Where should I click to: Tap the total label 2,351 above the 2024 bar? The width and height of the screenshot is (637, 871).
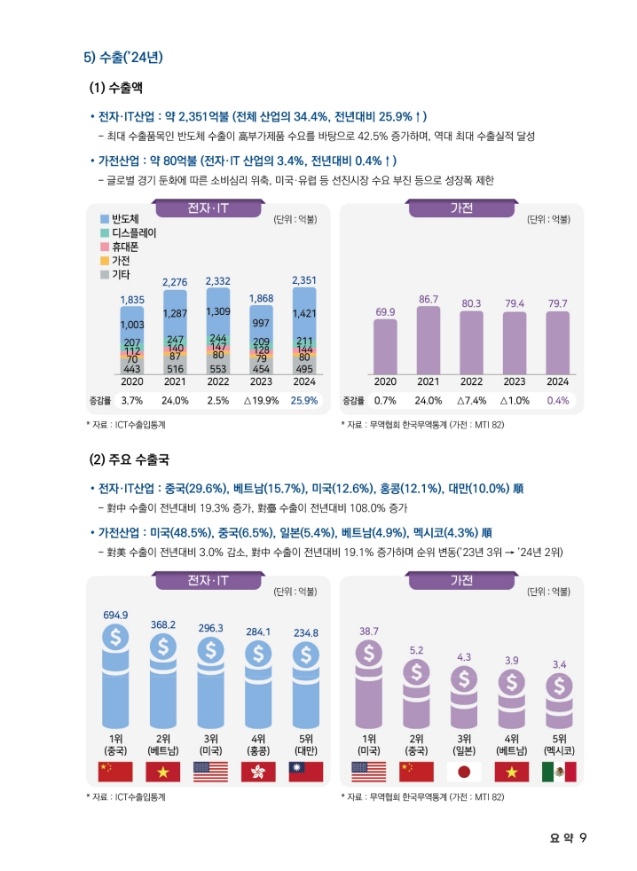click(x=304, y=280)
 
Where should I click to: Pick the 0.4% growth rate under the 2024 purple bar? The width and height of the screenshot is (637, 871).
click(x=558, y=400)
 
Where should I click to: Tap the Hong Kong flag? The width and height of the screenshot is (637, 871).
click(x=258, y=771)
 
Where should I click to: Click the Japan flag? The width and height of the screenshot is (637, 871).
click(x=463, y=771)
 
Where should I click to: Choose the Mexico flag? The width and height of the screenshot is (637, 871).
click(x=559, y=771)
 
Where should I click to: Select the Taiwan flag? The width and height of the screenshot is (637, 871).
click(x=306, y=771)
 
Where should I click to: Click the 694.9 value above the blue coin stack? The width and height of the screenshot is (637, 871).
click(x=115, y=615)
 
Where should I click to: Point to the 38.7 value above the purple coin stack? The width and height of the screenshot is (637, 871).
click(x=369, y=631)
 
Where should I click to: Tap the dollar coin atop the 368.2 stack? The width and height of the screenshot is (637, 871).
click(x=163, y=647)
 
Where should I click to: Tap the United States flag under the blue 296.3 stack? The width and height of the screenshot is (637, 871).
click(x=210, y=771)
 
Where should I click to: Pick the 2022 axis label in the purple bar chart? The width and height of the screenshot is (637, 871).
click(x=471, y=381)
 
